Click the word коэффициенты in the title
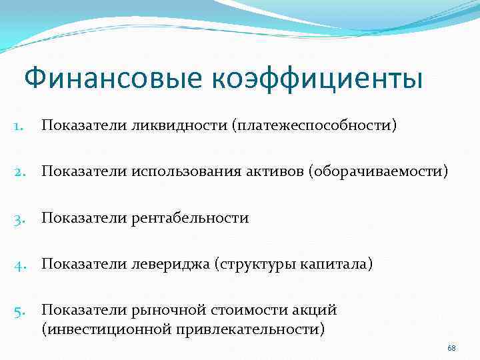coord(318,79)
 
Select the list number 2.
coord(19,172)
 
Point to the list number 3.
coord(19,218)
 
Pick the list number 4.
coord(19,265)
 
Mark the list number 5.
coord(19,311)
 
